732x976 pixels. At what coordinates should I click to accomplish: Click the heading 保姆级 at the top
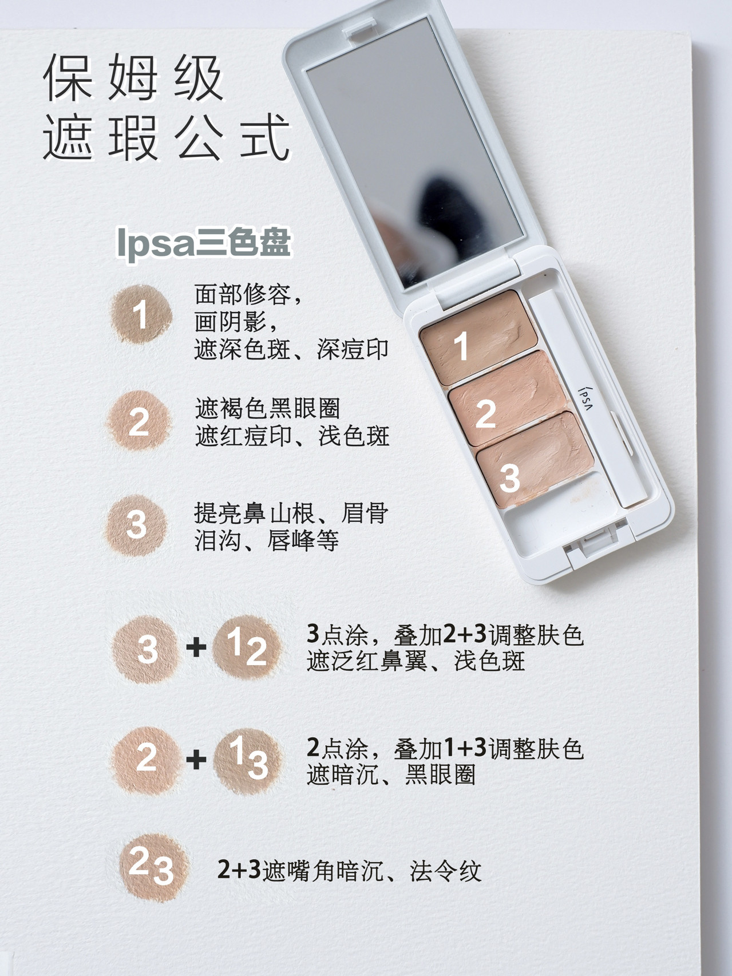133,78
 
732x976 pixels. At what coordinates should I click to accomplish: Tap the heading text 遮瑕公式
166,138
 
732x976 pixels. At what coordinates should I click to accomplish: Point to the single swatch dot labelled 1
141,314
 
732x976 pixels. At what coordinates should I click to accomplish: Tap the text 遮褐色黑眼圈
267,409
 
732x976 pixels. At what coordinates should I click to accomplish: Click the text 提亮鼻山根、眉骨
291,513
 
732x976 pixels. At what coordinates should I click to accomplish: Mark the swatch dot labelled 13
248,760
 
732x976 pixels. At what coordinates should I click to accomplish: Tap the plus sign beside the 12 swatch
196,647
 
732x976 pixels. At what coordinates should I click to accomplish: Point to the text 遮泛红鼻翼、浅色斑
416,661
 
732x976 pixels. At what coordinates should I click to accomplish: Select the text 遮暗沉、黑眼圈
391,775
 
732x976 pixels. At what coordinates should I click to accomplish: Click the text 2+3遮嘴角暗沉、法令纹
349,871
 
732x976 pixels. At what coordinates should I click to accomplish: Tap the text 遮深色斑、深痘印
291,349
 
